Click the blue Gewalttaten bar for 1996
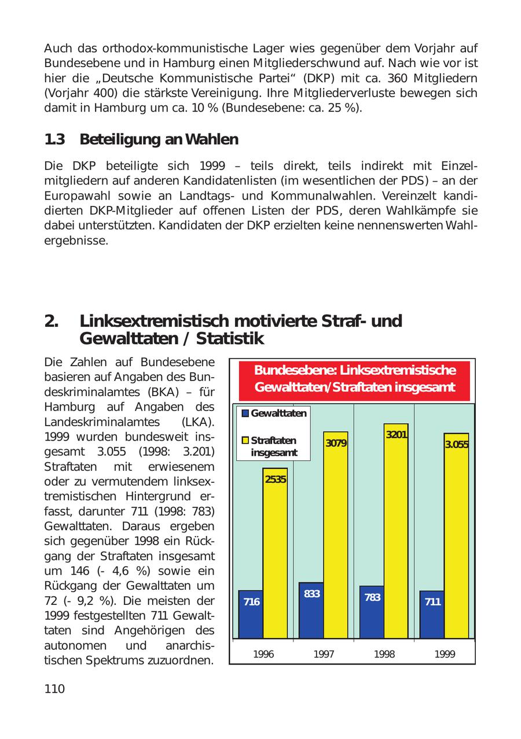coord(251,616)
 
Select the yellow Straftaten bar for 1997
coord(336,538)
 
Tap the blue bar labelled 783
coord(372,613)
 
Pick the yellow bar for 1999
coord(456,538)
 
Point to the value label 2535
coord(276,479)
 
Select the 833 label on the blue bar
coord(311,593)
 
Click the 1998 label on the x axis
coord(384,654)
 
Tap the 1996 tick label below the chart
coord(263,654)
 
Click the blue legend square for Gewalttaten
coord(245,413)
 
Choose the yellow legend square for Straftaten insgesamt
coord(245,441)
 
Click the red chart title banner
coord(355,379)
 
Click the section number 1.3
coord(54,139)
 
